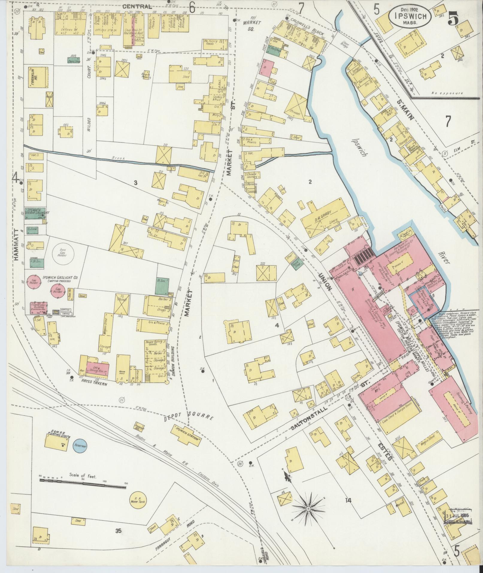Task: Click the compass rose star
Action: pos(308,509)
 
